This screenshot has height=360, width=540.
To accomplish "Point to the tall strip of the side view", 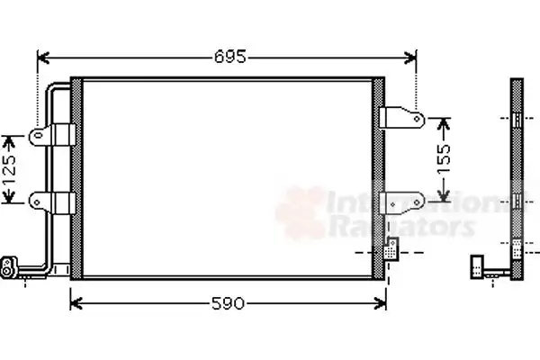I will (x=517, y=171).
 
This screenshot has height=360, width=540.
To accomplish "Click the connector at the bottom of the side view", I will (x=481, y=266).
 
